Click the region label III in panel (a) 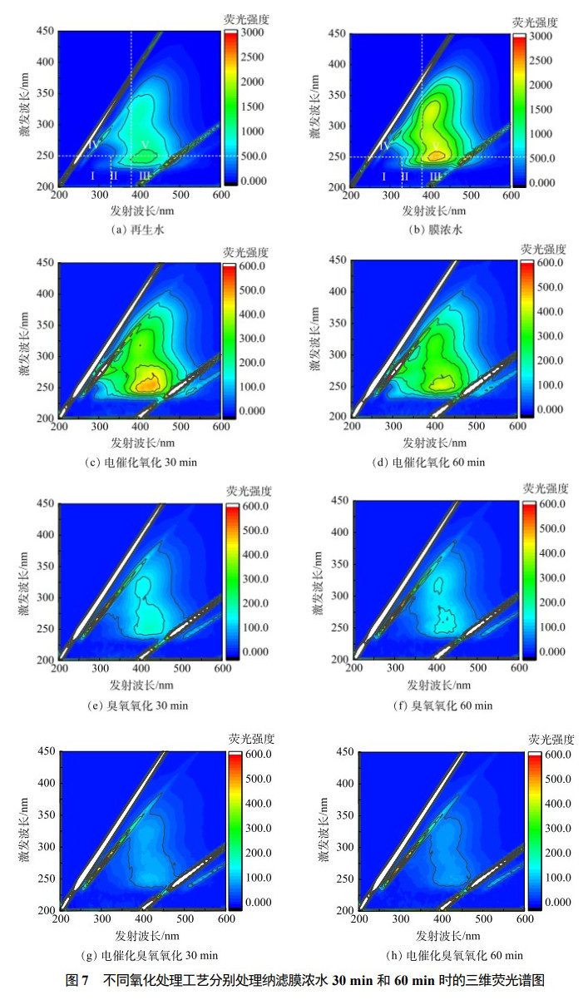click(145, 176)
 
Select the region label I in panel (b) click(383, 176)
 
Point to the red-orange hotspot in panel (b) click(437, 153)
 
